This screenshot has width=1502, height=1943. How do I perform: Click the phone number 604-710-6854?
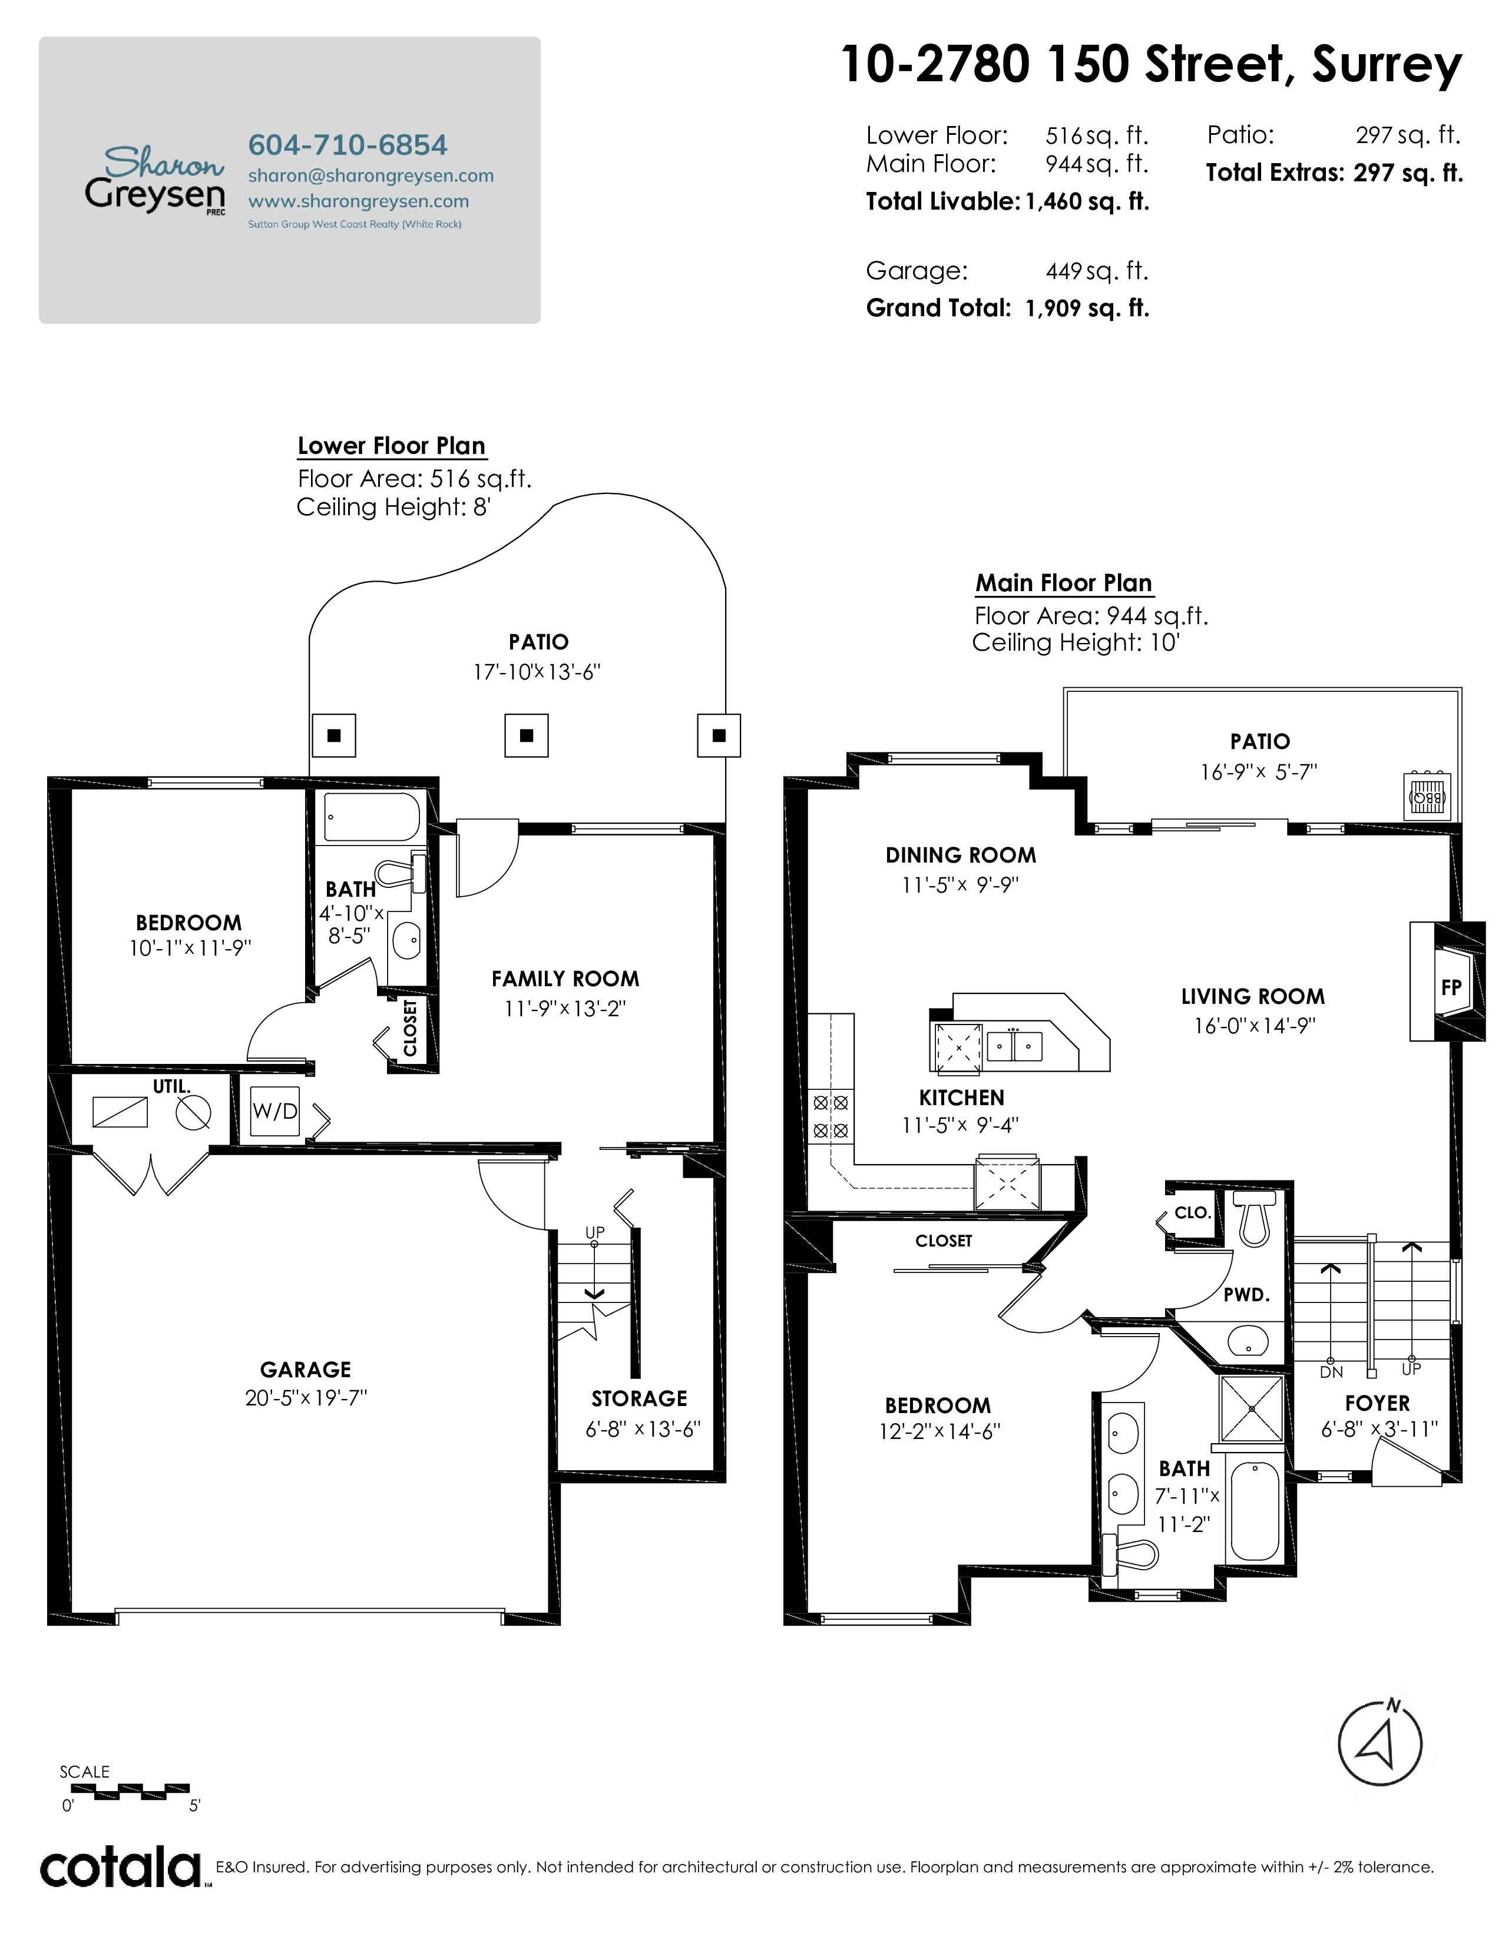(x=347, y=144)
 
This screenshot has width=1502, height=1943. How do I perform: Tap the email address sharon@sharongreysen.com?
(x=370, y=175)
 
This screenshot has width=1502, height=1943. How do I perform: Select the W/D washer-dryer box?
(x=275, y=1111)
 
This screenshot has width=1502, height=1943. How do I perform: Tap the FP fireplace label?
(x=1450, y=987)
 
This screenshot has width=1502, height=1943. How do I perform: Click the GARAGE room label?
(x=305, y=1369)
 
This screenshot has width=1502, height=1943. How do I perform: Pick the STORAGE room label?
(x=639, y=1398)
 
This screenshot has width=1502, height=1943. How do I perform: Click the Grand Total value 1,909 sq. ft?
(x=1087, y=308)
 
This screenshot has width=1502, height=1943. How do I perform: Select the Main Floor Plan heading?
(x=1064, y=583)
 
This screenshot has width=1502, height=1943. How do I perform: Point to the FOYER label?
(x=1378, y=1403)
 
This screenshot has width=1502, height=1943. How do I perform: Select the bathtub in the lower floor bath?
(x=372, y=817)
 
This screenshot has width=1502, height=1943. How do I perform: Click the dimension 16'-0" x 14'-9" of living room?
(x=1255, y=1026)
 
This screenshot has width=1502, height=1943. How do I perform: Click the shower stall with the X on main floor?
(x=1251, y=1408)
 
